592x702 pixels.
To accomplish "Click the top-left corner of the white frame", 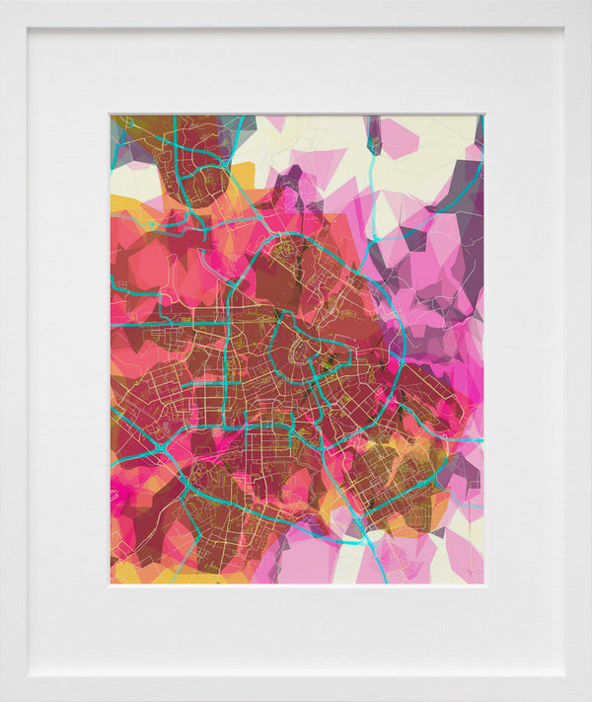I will point(1,1).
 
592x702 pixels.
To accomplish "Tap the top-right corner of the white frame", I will point(590,1).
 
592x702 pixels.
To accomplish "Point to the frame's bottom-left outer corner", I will point(1,700).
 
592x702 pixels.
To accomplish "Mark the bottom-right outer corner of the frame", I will point(590,700).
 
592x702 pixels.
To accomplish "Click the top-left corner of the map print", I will point(111,116).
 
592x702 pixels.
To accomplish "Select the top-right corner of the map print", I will point(483,116).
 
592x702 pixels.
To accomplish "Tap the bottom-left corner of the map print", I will point(111,584).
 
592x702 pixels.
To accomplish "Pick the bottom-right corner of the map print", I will point(483,584).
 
